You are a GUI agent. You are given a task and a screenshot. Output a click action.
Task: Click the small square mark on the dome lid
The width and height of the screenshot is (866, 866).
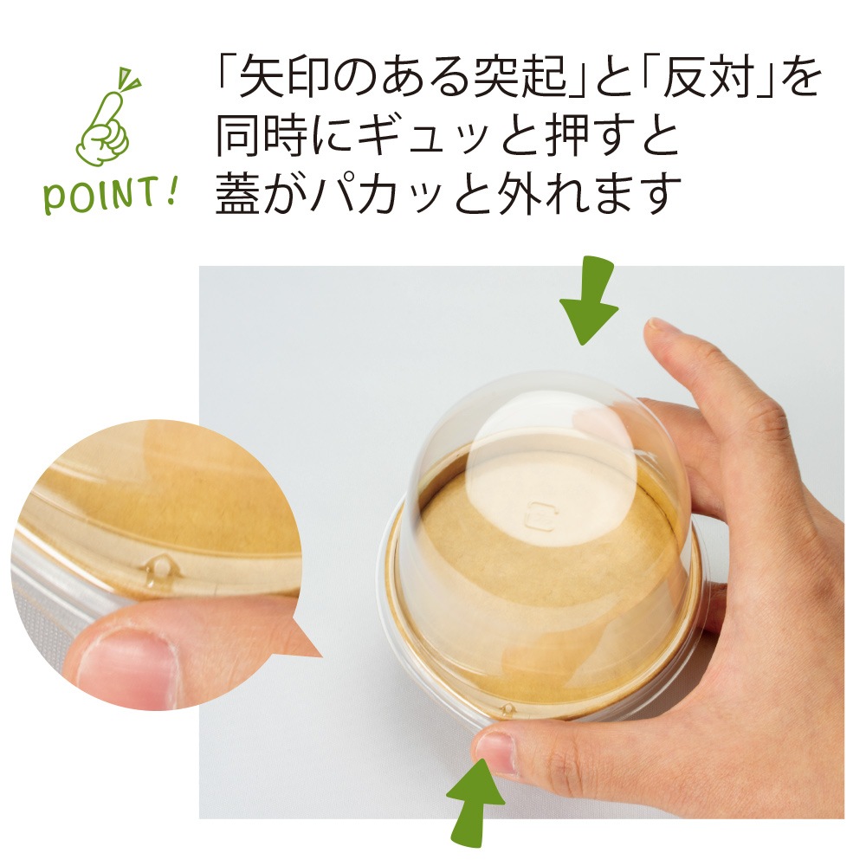(x=540, y=514)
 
